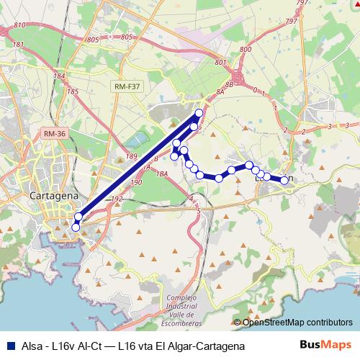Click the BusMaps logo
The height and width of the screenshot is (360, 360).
click(325, 345)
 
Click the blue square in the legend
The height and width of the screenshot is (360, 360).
click(10, 346)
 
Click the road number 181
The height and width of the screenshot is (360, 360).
click(19, 45)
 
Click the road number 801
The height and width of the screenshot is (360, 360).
click(220, 63)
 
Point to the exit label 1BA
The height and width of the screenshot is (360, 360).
click(162, 174)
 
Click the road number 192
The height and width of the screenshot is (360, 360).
click(118, 199)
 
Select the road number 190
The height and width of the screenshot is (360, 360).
click(137, 183)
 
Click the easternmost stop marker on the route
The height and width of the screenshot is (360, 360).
click(284, 180)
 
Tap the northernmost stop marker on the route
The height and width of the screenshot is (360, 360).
click(199, 113)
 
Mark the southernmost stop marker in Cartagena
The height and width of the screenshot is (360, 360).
click(76, 228)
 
